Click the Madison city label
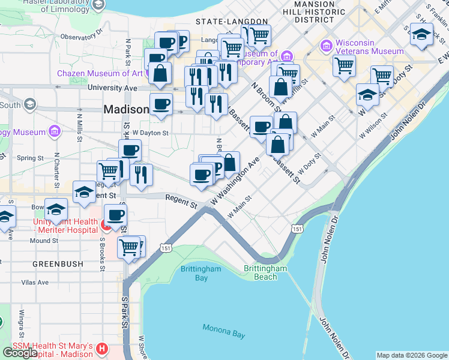pyautogui.click(x=126, y=110)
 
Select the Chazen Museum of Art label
pyautogui.click(x=100, y=73)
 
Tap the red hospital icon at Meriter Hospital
pyautogui.click(x=104, y=226)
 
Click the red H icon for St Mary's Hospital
pyautogui.click(x=101, y=349)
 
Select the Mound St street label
pyautogui.click(x=44, y=241)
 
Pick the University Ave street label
pyautogui.click(x=112, y=88)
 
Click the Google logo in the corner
pyautogui.click(x=20, y=353)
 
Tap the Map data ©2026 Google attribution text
pyautogui.click(x=412, y=355)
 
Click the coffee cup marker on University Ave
pyautogui.click(x=161, y=104)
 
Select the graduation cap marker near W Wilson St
pyautogui.click(x=367, y=94)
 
